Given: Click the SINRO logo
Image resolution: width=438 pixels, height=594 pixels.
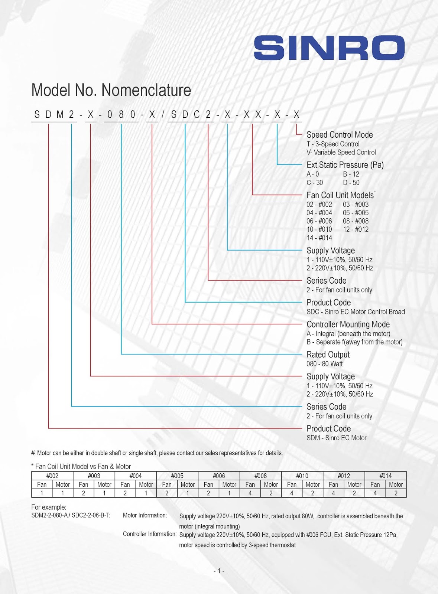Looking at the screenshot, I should tap(329, 48).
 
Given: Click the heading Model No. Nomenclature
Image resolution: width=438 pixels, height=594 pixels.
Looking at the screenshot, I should tap(111, 90).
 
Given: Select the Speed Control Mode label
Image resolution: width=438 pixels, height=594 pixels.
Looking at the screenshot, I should tap(340, 135).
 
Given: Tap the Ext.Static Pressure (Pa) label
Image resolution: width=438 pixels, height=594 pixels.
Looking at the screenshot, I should tap(345, 165).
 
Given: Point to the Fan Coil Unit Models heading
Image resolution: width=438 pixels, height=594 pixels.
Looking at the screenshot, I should tap(340, 195).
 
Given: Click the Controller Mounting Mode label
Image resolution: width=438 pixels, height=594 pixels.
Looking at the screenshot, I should tap(348, 324).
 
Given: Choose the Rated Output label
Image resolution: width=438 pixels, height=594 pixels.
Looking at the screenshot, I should tap(328, 355).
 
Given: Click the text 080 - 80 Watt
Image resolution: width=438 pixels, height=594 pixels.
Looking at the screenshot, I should tap(325, 364).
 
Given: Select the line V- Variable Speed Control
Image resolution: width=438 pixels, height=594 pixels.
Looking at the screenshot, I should tap(341, 152).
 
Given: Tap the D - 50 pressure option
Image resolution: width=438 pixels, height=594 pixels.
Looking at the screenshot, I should tap(351, 183).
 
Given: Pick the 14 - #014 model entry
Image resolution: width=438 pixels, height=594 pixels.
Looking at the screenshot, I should tap(319, 238).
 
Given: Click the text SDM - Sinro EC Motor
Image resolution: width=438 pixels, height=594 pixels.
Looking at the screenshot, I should tap(336, 438).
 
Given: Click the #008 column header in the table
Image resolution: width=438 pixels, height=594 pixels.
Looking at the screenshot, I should tap(260, 476).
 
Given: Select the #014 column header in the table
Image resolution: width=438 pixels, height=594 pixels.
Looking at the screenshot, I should tap(385, 476).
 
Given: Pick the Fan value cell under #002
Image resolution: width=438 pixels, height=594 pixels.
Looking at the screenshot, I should tap(42, 493).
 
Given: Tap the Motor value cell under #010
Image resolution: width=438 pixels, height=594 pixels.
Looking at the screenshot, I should tap(312, 493).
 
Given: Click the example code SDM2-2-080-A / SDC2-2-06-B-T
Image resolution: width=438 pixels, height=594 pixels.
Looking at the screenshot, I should tap(71, 515).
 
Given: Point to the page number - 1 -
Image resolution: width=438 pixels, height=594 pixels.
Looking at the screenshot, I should tap(219, 571).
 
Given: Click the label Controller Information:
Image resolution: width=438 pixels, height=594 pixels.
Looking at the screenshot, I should tap(149, 534).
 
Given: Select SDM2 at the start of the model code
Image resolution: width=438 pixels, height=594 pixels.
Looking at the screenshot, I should tap(54, 115).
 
